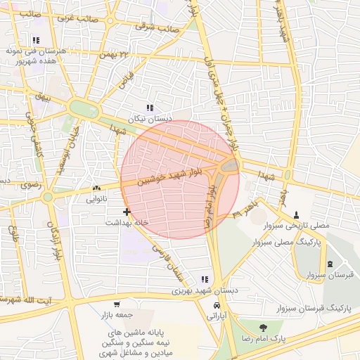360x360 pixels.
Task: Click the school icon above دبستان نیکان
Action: (x=149, y=108)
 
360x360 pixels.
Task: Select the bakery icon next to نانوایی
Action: (x=96, y=188)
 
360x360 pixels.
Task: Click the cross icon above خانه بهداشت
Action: (x=127, y=211)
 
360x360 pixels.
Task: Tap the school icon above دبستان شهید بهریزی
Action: (x=205, y=279)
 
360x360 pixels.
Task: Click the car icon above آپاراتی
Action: (x=217, y=306)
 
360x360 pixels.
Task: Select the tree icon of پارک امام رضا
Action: (x=263, y=328)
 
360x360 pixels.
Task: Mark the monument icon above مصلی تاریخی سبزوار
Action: (x=295, y=214)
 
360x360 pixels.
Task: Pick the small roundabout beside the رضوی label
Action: (x=48, y=198)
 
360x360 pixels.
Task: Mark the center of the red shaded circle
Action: (x=180, y=179)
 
